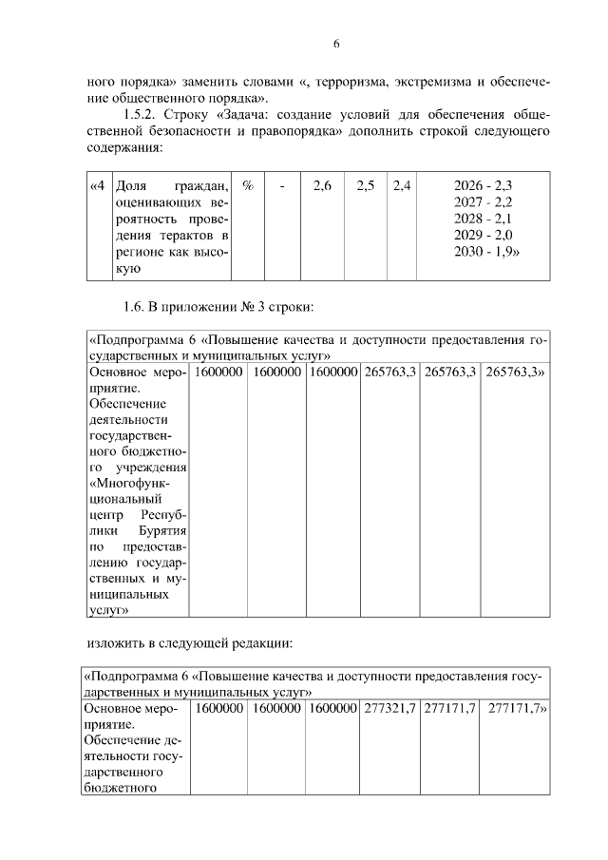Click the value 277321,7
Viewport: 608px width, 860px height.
tap(389, 709)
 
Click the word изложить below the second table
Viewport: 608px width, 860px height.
tap(113, 643)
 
